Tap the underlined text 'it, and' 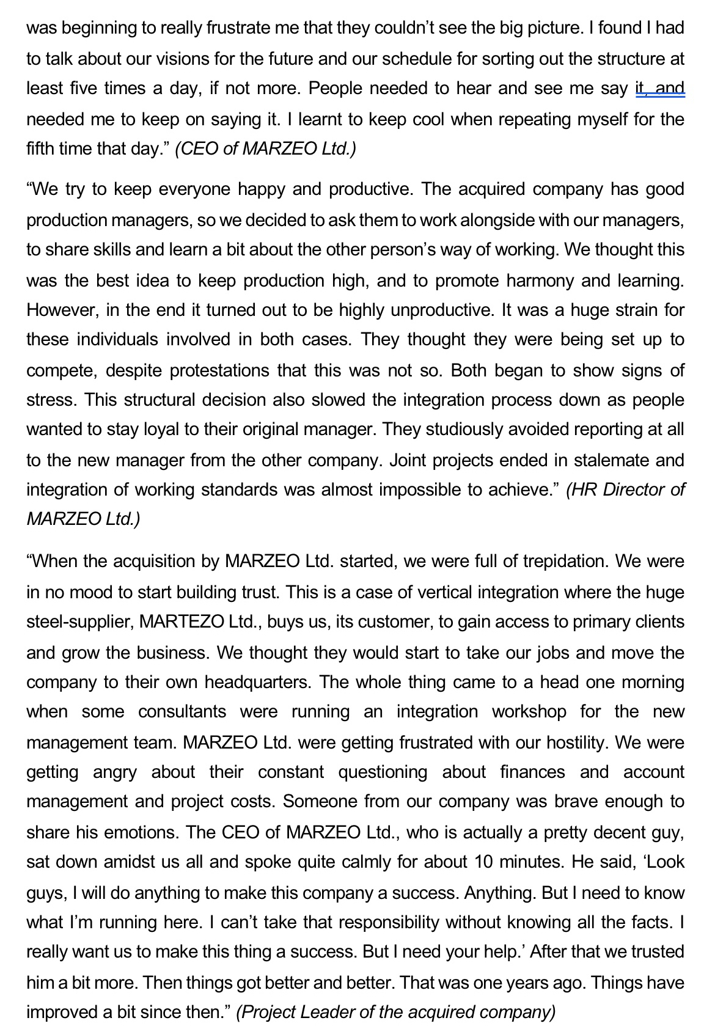point(659,89)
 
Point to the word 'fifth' point(40,148)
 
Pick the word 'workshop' point(529,711)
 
